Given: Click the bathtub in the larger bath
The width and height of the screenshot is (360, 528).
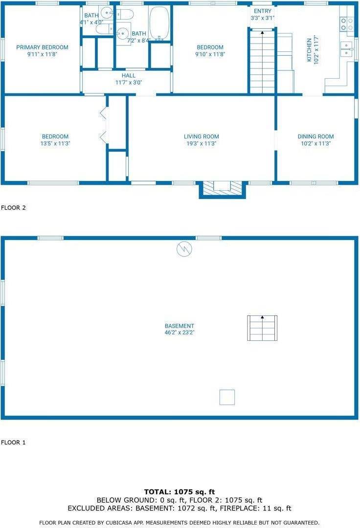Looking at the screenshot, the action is pos(159,23).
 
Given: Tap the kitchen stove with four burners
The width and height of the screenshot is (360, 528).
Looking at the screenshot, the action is pos(347,23).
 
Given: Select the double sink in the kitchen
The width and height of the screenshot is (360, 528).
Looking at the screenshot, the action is pos(346,50).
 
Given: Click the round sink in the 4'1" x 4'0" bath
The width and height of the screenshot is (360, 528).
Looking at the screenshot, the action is pos(108,13).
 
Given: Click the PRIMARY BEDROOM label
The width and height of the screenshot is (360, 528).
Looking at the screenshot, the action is pos(42,47).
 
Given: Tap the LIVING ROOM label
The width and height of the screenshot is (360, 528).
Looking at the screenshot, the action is pos(202,136).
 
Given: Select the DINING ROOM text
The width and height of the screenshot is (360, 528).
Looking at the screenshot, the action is pos(315,136).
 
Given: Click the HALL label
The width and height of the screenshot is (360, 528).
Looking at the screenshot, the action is pos(129,76).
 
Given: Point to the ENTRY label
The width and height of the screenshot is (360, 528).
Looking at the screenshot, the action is pos(263,11).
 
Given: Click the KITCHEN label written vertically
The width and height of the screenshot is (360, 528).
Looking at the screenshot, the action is pos(309,50).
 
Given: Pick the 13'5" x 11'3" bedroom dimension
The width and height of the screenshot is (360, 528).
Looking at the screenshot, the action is pos(55,143).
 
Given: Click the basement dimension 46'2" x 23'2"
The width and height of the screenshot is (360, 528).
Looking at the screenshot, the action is pos(180,332).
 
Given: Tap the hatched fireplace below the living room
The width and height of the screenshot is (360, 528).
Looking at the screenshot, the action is pos(222,188).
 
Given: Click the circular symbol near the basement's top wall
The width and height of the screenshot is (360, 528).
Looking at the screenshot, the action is pos(184,249).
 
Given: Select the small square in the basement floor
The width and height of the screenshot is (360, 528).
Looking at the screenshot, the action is pos(227,397).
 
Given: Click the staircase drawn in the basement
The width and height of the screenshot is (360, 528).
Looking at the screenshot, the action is pos(262,328).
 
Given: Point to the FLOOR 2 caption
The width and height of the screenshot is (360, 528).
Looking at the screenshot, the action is pos(14,208).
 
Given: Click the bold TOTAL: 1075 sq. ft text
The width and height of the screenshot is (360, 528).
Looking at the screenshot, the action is pos(180,492).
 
